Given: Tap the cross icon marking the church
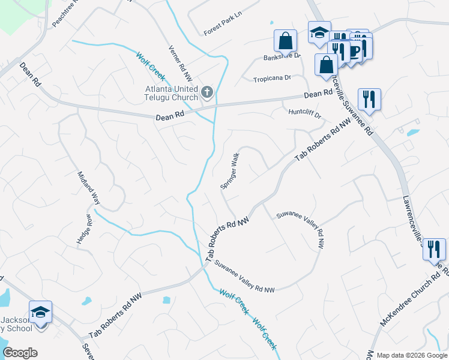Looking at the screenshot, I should [x=206, y=92].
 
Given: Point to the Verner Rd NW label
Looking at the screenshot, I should [x=180, y=64].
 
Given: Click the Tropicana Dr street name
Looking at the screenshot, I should [x=271, y=79].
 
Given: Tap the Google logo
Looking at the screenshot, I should [x=20, y=353].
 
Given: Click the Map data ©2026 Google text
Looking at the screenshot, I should [x=411, y=355].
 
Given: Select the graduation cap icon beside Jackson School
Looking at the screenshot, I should [x=40, y=313].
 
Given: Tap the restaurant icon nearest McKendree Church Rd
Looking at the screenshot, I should [x=433, y=248].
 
